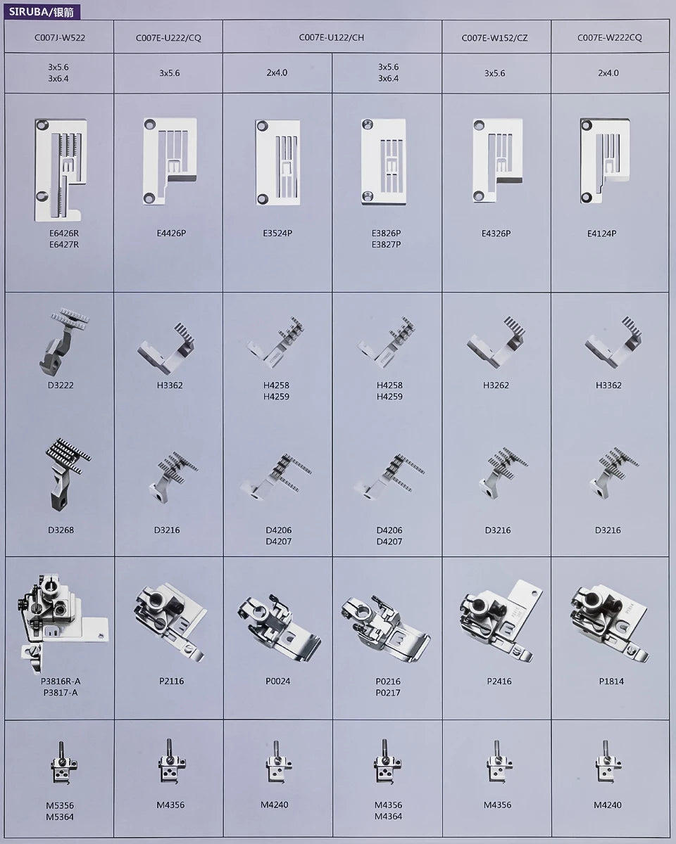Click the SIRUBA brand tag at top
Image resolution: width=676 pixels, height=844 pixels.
(x=42, y=12)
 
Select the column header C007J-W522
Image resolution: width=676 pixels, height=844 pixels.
(x=60, y=38)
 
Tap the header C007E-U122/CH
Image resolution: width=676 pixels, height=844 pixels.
(x=332, y=38)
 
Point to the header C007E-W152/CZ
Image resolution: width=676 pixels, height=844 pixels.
(x=494, y=38)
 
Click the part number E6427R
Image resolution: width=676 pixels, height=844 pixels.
(x=63, y=245)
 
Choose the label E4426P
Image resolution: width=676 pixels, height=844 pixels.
(x=171, y=234)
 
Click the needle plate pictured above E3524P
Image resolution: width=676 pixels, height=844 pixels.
(x=277, y=162)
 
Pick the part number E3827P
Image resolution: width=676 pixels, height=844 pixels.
(x=386, y=245)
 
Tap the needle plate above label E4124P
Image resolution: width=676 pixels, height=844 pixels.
(x=605, y=161)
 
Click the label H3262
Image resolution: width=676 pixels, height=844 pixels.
(x=496, y=385)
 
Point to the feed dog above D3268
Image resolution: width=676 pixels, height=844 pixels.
(x=66, y=473)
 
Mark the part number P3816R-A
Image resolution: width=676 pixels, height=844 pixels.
(x=61, y=682)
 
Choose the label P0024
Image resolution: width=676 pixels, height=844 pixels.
(x=277, y=682)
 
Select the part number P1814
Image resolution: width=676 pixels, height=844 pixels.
(x=611, y=682)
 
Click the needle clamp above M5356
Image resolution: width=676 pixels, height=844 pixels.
(x=63, y=763)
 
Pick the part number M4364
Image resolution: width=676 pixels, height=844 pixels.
(x=388, y=817)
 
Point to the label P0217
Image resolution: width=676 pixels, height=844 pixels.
(x=388, y=693)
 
